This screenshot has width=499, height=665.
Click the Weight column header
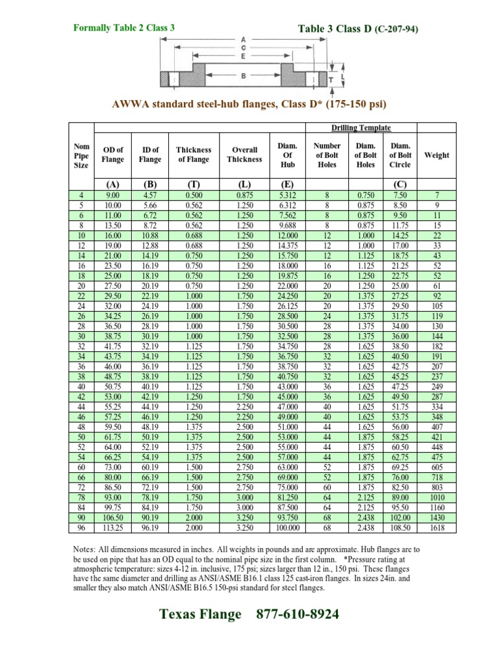tap(437, 155)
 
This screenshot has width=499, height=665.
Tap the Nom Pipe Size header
tap(82, 155)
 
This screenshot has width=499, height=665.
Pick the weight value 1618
tap(437, 528)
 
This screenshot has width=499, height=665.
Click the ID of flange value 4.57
tap(150, 195)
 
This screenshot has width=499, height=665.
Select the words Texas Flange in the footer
tap(199, 614)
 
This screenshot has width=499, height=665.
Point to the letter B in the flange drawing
tap(243, 76)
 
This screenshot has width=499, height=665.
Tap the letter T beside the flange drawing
tap(331, 79)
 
